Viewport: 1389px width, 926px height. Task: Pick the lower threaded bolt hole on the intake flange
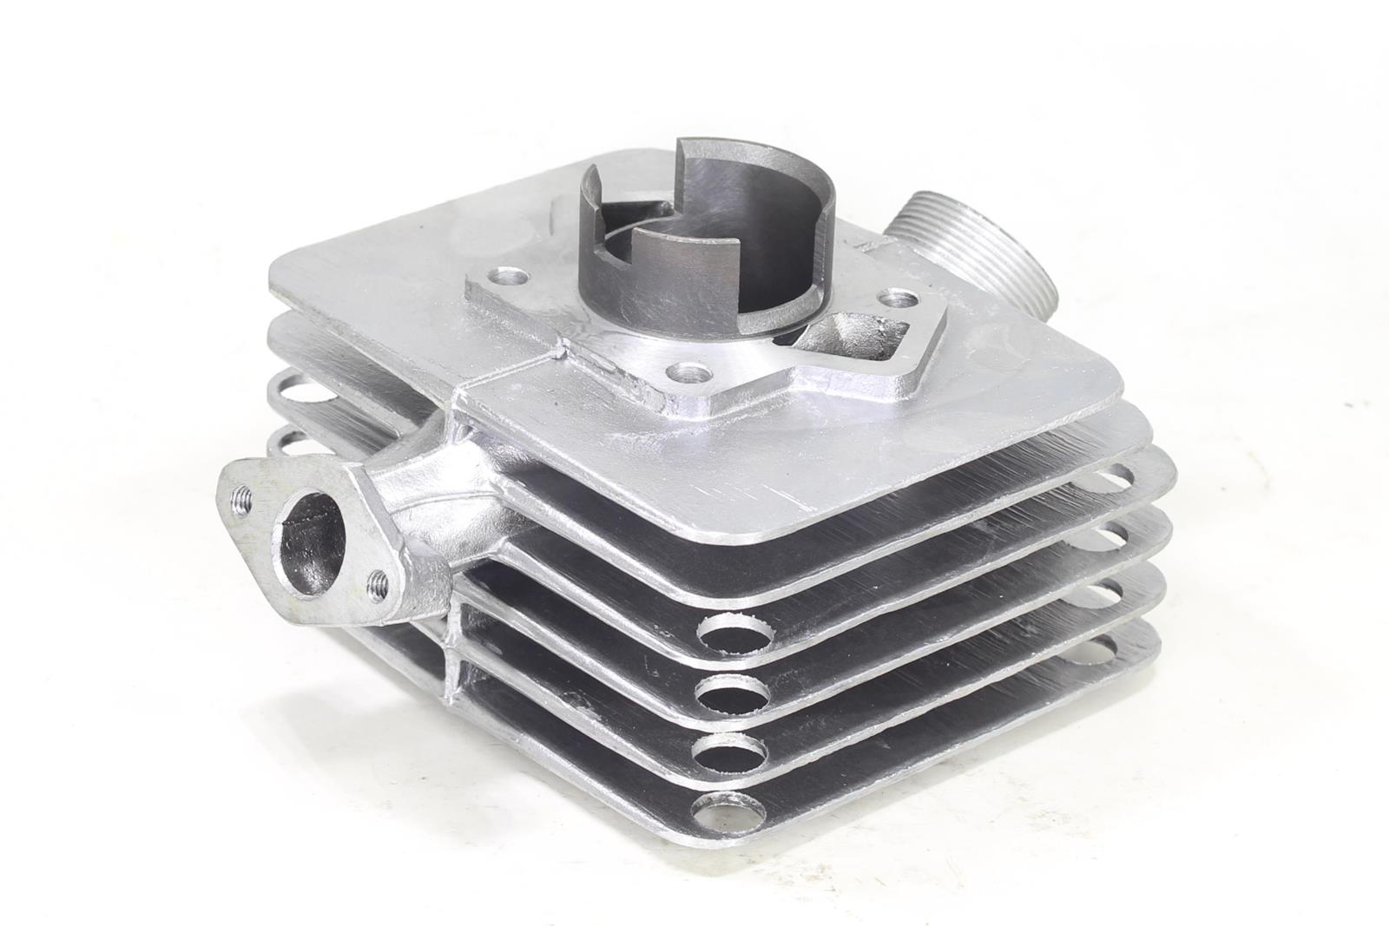pos(377,577)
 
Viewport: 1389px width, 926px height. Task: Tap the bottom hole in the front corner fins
pos(723,815)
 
